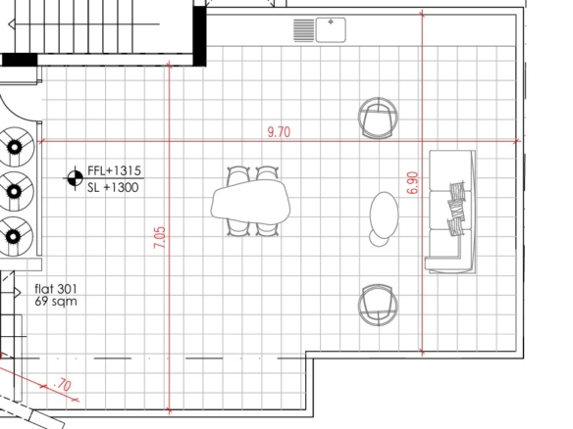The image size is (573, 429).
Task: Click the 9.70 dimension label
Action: pos(280,131)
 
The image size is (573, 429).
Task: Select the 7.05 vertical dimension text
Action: pos(160,237)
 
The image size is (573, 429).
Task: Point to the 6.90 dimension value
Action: pos(412,183)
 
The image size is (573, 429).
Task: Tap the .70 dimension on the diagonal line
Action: pos(63,385)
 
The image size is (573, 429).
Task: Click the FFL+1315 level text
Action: pos(115,170)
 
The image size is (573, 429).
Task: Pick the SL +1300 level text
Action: pos(113,187)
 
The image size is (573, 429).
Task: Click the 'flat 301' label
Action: pos(56,289)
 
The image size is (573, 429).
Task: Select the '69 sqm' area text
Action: pos(56,302)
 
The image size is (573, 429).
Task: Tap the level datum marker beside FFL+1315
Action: pos(76,178)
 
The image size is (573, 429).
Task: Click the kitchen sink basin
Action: pos(331,30)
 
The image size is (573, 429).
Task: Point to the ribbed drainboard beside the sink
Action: pos(304,30)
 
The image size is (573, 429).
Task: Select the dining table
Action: pos(251,202)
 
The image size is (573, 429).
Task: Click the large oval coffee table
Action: pos(384,214)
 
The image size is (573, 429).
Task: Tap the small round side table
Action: pos(378,239)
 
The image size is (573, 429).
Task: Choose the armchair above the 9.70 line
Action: pos(378,118)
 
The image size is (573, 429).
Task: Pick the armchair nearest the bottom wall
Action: pos(378,305)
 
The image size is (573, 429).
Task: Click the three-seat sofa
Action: pos(451,212)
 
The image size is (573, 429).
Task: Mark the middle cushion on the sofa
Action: pos(448,209)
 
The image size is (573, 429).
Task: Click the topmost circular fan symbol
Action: pos(15,147)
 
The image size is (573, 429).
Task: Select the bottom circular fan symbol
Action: pos(14,236)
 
